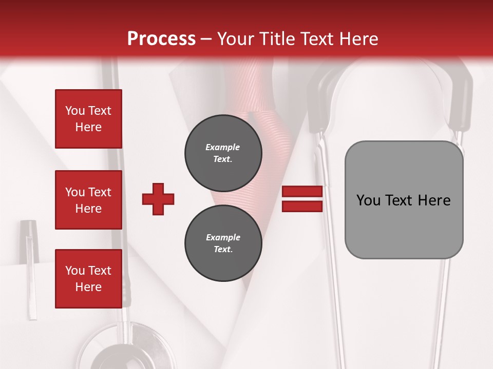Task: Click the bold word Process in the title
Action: (161, 38)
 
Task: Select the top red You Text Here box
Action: (88, 119)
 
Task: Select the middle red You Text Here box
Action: (88, 200)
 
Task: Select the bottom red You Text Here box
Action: (88, 279)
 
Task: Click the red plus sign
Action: (158, 199)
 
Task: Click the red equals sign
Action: (302, 199)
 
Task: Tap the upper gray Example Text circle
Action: (223, 153)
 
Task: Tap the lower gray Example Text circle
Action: (223, 243)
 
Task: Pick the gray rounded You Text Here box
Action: (404, 200)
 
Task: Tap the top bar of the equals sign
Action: (302, 192)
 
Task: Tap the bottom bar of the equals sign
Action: (302, 206)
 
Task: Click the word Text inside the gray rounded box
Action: (400, 200)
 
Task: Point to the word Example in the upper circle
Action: (223, 147)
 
